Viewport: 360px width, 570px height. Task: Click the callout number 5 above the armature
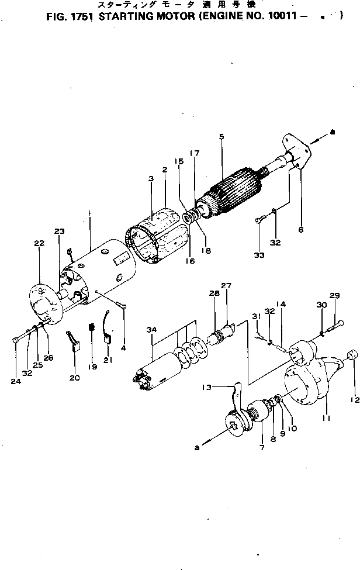coord(221,137)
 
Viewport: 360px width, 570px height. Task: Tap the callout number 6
coord(300,230)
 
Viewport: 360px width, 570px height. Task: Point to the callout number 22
coord(39,244)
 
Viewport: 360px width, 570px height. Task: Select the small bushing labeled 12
coord(352,355)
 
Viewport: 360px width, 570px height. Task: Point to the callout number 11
coord(326,402)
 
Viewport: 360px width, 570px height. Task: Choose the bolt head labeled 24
coord(15,340)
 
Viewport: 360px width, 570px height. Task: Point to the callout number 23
coord(60,231)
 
